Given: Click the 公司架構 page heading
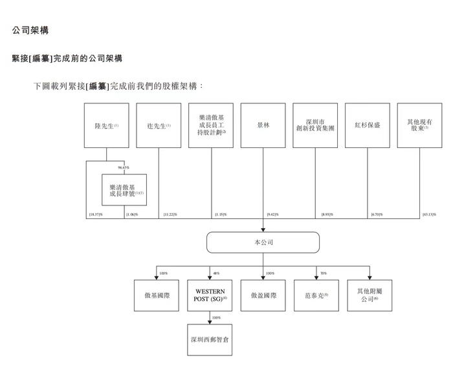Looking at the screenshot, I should [30, 30].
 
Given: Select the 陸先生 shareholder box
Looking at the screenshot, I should [106, 125].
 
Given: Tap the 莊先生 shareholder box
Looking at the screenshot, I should [159, 125].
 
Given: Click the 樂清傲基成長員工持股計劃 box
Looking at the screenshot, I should [211, 125].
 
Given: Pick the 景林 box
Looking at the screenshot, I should [263, 125].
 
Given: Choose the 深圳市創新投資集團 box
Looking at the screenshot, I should [315, 125].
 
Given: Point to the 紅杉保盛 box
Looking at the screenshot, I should [368, 125].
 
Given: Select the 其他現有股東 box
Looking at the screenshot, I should [419, 125].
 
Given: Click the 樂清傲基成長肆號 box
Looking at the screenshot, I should [124, 190].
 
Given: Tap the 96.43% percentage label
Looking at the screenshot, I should [124, 168].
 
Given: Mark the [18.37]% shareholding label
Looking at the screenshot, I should [96, 215].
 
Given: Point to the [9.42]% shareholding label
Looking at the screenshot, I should [272, 215].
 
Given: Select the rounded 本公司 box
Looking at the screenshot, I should [263, 242].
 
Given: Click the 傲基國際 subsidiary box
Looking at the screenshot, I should [157, 295].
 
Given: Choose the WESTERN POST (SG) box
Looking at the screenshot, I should [210, 295].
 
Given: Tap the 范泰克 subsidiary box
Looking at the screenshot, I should [316, 295].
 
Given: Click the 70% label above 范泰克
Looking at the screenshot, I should [323, 273].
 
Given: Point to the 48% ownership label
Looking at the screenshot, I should [216, 273].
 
